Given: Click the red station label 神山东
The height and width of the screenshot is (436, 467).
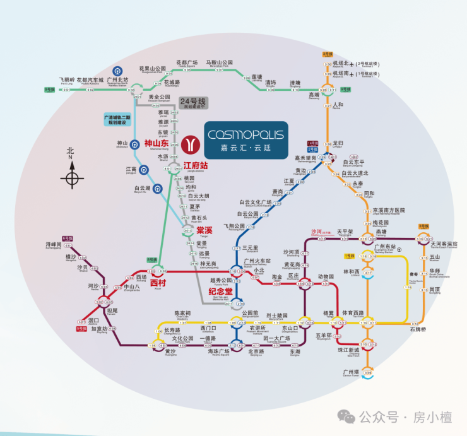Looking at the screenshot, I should [x=157, y=143].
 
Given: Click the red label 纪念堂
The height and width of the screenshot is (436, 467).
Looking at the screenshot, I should [x=220, y=292].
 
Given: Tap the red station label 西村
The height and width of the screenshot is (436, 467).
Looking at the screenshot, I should [x=158, y=283].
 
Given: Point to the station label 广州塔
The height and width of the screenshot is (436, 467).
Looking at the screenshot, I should [x=351, y=372].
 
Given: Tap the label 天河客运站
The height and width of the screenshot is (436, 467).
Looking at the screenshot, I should [x=443, y=244].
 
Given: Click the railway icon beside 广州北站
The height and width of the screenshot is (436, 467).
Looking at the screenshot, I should [x=117, y=71].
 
